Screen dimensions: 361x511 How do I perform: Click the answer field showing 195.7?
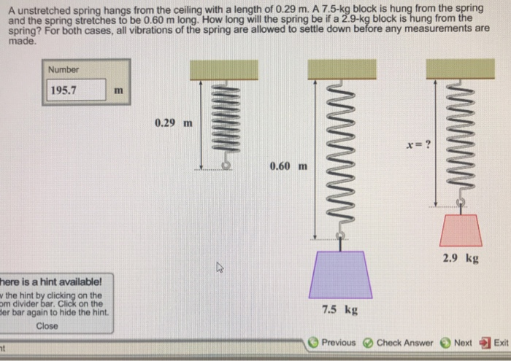pyautogui.click(x=73, y=91)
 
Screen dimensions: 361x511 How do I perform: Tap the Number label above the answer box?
pyautogui.click(x=63, y=70)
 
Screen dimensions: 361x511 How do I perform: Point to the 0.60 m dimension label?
pyautogui.click(x=288, y=166)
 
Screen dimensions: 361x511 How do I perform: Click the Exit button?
pyautogui.click(x=494, y=342)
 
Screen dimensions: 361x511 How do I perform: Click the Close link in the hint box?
pyautogui.click(x=47, y=326)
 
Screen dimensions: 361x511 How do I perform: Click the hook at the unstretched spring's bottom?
pyautogui.click(x=226, y=166)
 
